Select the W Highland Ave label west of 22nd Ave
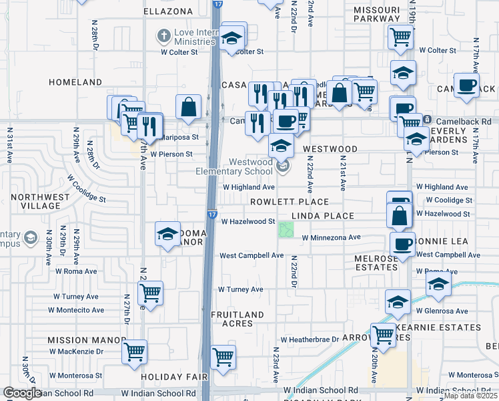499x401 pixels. click(x=248, y=188)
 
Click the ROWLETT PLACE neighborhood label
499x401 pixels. click(x=290, y=202)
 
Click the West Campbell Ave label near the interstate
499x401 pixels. click(x=252, y=255)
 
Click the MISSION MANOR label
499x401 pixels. click(x=77, y=340)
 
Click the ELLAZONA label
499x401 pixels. click(x=167, y=11)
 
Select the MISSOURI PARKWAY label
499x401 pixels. click(x=376, y=15)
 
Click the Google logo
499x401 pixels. click(x=22, y=393)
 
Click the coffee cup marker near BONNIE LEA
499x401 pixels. click(x=402, y=245)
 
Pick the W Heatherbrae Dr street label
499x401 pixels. click(x=310, y=340)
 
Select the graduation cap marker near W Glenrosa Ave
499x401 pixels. click(x=398, y=301)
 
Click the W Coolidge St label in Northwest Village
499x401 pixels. click(x=87, y=189)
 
